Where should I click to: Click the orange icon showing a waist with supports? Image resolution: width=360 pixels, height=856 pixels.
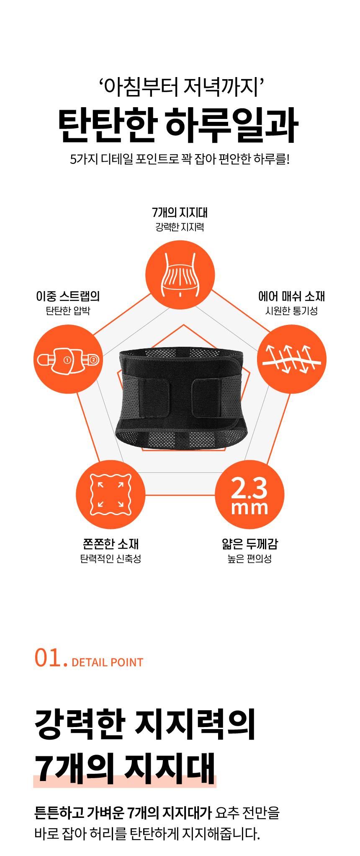[x=180, y=275]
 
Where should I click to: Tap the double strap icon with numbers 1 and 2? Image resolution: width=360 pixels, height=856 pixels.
[x=68, y=359]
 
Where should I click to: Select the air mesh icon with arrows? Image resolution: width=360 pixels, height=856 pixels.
[x=291, y=359]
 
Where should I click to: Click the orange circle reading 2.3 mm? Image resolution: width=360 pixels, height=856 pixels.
[x=249, y=495]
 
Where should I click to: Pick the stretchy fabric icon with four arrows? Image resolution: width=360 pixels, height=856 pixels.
[x=111, y=495]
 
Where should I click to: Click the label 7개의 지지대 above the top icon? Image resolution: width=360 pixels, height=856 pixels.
[x=180, y=213]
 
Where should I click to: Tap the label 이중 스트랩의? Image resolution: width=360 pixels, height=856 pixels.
[x=68, y=297]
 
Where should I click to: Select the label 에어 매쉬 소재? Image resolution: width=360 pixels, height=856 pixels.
[x=292, y=297]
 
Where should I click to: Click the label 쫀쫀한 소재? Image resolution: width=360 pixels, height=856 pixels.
[x=111, y=544]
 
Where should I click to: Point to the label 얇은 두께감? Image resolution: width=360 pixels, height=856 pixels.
[x=250, y=544]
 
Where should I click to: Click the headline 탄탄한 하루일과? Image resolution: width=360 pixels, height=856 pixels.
[x=179, y=125]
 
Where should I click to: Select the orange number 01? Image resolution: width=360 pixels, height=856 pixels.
[x=51, y=658]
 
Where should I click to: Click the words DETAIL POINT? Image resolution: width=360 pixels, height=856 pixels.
[x=108, y=663]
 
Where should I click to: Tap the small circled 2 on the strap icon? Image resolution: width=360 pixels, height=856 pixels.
[x=93, y=360]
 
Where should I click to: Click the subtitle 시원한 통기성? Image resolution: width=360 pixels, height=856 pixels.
[x=292, y=311]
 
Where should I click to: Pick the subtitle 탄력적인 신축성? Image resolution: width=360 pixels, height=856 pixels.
[x=111, y=559]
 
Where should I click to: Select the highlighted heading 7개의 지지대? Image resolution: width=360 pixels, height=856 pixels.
[x=125, y=768]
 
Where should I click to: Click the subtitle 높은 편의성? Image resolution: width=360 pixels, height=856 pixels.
[x=250, y=559]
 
